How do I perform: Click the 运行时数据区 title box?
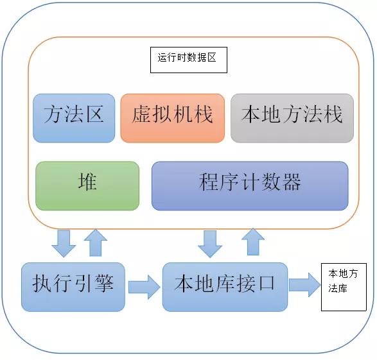click(188, 59)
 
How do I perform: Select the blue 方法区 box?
click(74, 117)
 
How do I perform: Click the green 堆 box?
click(87, 185)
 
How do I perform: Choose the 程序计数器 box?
click(250, 185)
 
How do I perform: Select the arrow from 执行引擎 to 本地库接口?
click(144, 286)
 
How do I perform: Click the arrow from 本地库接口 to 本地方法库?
click(304, 284)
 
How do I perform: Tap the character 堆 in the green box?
click(87, 184)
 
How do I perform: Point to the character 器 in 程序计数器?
click(290, 184)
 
